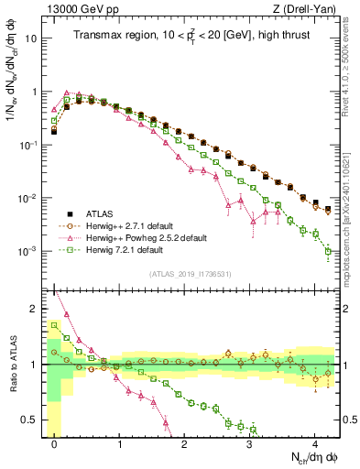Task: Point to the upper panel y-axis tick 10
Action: [32, 39]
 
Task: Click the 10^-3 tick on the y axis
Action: [30, 251]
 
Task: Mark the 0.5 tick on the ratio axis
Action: [30, 420]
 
